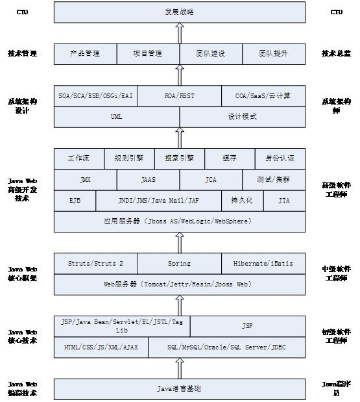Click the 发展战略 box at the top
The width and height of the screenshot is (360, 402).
179,12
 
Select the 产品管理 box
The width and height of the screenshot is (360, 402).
85,54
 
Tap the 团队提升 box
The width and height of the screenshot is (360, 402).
273,54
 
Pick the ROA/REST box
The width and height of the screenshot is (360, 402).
179,96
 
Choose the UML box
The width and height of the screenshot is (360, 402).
117,117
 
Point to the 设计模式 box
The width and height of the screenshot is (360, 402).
242,117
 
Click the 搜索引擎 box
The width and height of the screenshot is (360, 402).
179,158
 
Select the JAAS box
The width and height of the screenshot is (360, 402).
148,180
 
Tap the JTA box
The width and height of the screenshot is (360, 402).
284,201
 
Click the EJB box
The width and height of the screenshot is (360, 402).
75,201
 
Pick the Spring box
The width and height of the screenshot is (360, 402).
179,264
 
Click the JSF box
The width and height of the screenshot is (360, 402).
247,326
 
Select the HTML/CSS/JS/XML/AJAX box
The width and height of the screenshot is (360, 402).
101,347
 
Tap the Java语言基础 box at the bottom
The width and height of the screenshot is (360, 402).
179,389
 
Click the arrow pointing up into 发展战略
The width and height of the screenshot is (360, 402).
180,32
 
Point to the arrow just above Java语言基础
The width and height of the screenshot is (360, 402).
180,368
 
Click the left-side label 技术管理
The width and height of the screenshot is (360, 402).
22,54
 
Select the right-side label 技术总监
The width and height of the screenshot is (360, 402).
336,54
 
